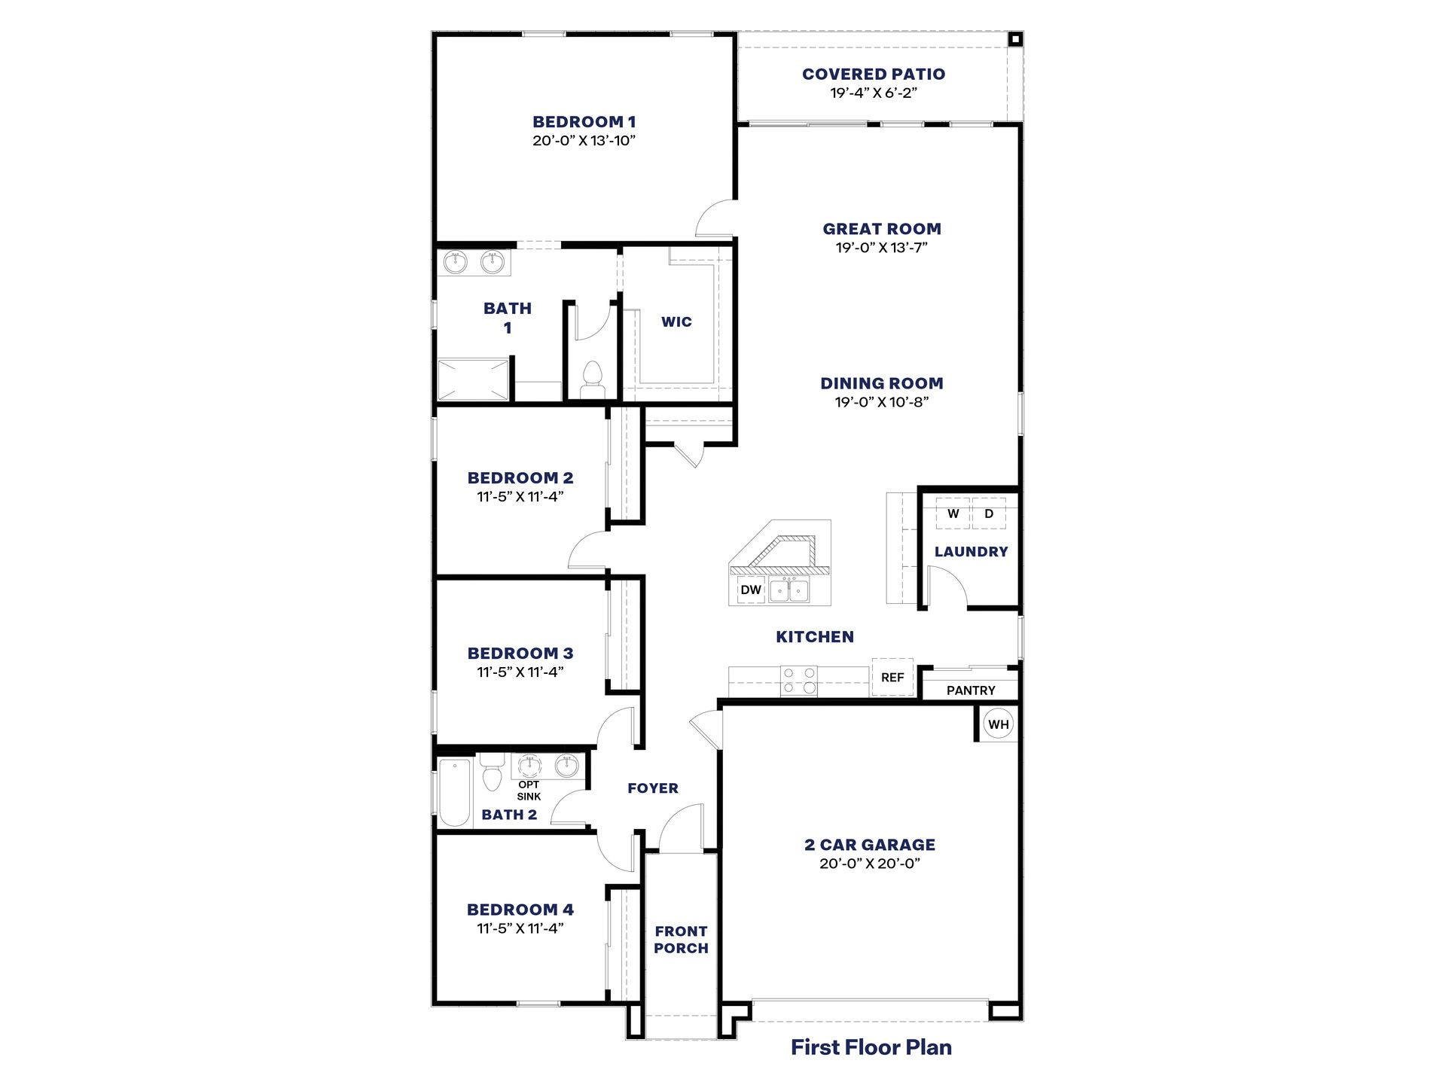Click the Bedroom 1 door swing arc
click(714, 218)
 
